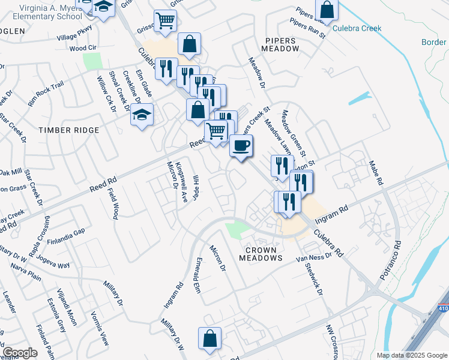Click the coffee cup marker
point(241,146)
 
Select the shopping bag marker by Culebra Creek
point(327,9)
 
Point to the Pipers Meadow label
point(280,46)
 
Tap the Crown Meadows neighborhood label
point(261,253)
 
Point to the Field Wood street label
point(114,203)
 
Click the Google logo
point(19,353)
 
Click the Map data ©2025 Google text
point(411,355)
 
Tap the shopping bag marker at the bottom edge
point(210,338)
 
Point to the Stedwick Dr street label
point(314,280)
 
